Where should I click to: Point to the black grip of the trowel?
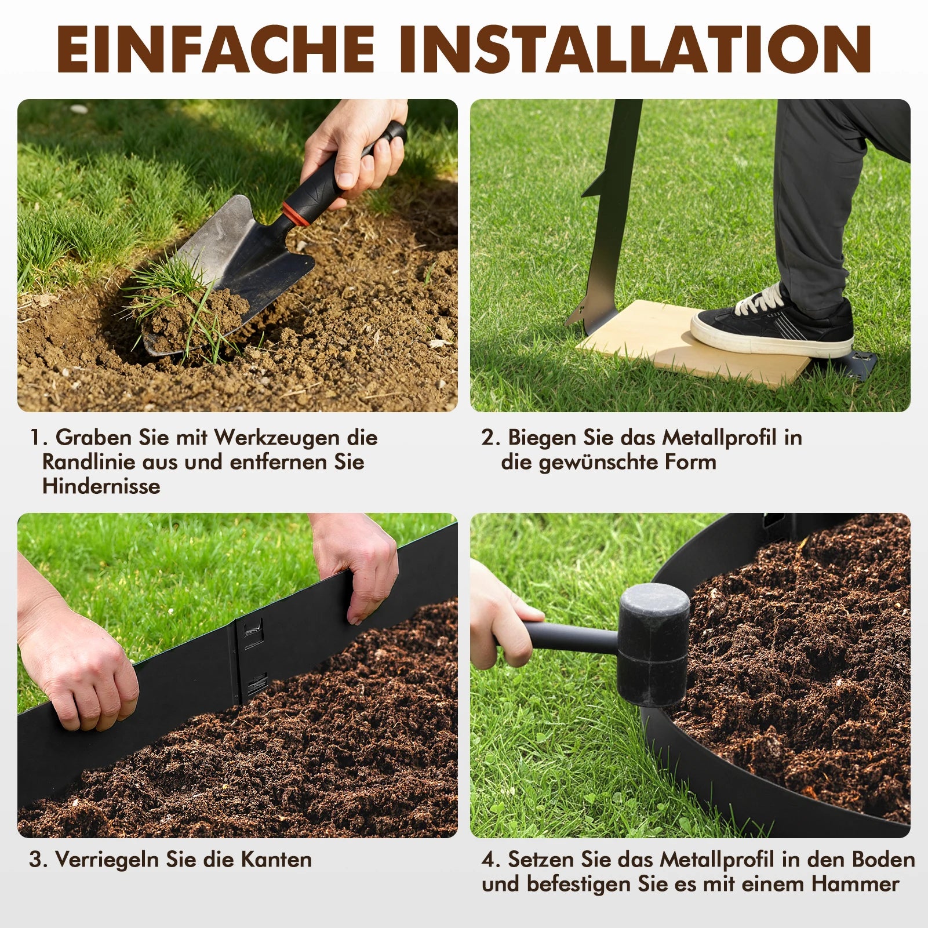348,168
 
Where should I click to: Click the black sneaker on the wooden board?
773,322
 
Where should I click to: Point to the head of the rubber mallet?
653,645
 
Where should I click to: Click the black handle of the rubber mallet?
571,636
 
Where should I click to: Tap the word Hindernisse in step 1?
101,486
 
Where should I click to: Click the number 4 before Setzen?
488,860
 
